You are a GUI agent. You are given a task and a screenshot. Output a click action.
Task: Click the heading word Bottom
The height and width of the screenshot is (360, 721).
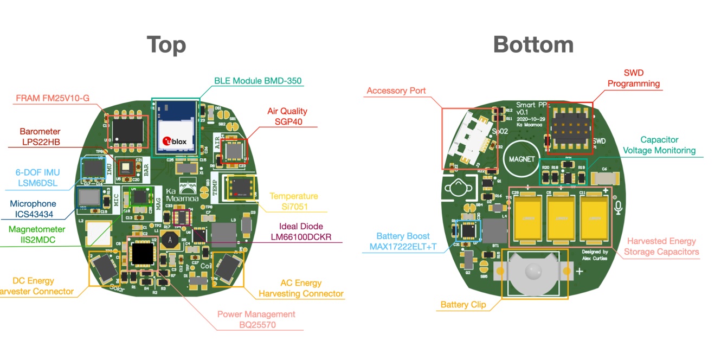[x=533, y=44]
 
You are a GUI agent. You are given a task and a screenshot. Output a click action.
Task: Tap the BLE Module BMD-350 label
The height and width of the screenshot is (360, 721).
[x=257, y=81]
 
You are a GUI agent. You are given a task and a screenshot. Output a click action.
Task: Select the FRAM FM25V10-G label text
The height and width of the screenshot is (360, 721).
[x=52, y=98]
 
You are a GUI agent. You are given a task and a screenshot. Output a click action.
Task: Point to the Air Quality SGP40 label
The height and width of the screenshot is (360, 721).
[x=287, y=116]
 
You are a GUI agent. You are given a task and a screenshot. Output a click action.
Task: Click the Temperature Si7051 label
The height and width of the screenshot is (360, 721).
[x=294, y=201]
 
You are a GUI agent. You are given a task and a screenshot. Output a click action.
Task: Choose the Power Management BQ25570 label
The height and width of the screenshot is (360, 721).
[x=256, y=319]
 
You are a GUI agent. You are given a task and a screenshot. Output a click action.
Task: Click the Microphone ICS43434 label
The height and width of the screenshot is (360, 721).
[x=33, y=209]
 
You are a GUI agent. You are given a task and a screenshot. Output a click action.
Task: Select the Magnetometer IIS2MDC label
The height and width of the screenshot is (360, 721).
[x=36, y=234]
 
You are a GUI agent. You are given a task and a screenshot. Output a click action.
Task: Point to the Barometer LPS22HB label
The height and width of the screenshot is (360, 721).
[x=40, y=137]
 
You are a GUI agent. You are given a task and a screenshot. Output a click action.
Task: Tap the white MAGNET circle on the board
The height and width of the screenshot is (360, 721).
[x=522, y=159]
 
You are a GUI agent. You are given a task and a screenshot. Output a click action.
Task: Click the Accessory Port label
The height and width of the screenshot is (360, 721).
[x=396, y=91]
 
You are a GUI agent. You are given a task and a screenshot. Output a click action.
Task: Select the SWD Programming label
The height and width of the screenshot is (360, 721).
[x=633, y=78]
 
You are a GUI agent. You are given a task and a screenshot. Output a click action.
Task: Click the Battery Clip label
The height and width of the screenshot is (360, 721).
[x=462, y=305]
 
